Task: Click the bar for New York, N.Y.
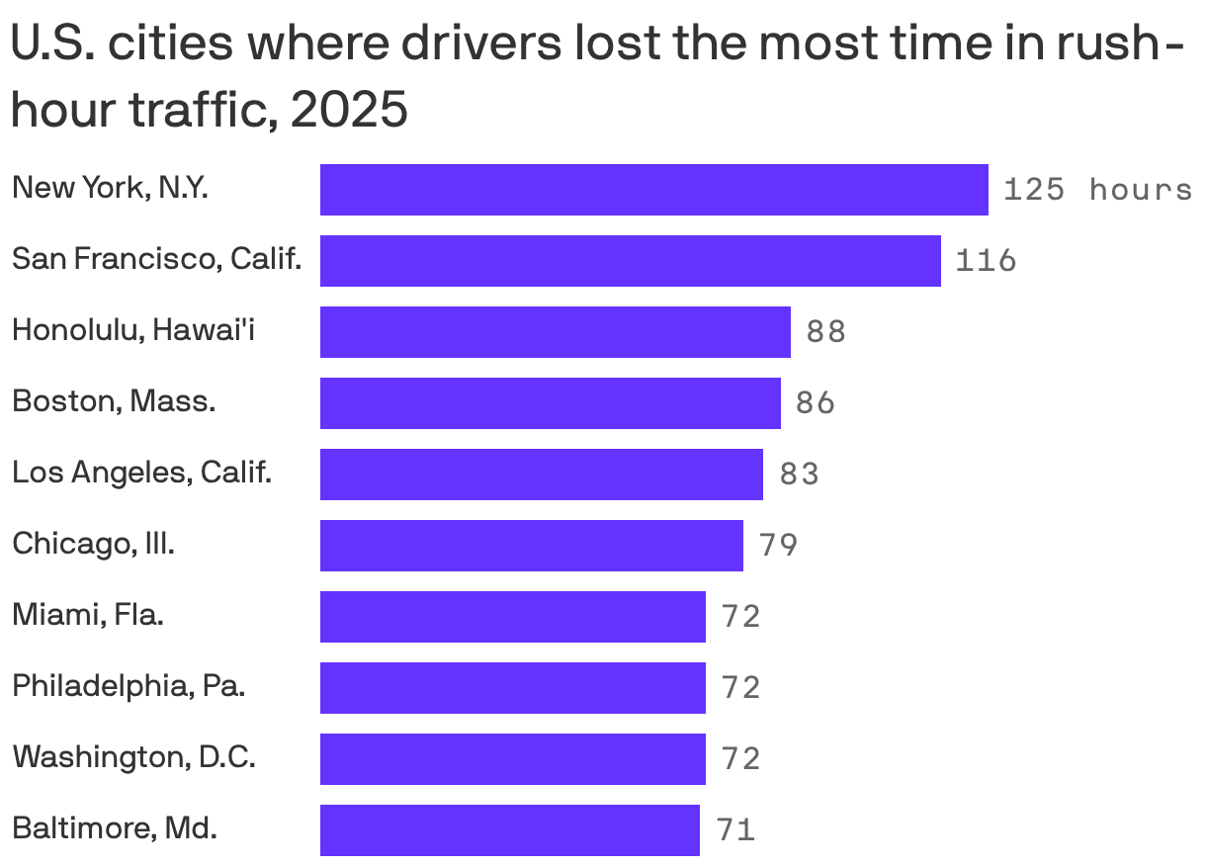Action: tap(653, 190)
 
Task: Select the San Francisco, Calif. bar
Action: tap(630, 261)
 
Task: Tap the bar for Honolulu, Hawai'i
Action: tap(555, 332)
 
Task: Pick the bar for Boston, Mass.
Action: tap(550, 403)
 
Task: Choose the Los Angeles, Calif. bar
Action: tap(541, 475)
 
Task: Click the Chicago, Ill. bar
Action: tap(531, 546)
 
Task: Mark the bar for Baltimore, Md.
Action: tap(509, 830)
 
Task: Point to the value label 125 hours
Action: tap(1097, 190)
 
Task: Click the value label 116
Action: tap(986, 261)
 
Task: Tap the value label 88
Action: tap(826, 332)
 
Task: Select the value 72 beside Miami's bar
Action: tap(741, 617)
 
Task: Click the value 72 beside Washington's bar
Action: tap(741, 759)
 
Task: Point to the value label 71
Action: tap(736, 830)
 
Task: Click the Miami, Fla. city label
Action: tap(88, 615)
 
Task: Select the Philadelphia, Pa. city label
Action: tap(129, 686)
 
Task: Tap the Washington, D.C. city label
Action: tap(134, 757)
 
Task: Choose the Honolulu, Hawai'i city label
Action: tap(133, 330)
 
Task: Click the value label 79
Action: tap(778, 546)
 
